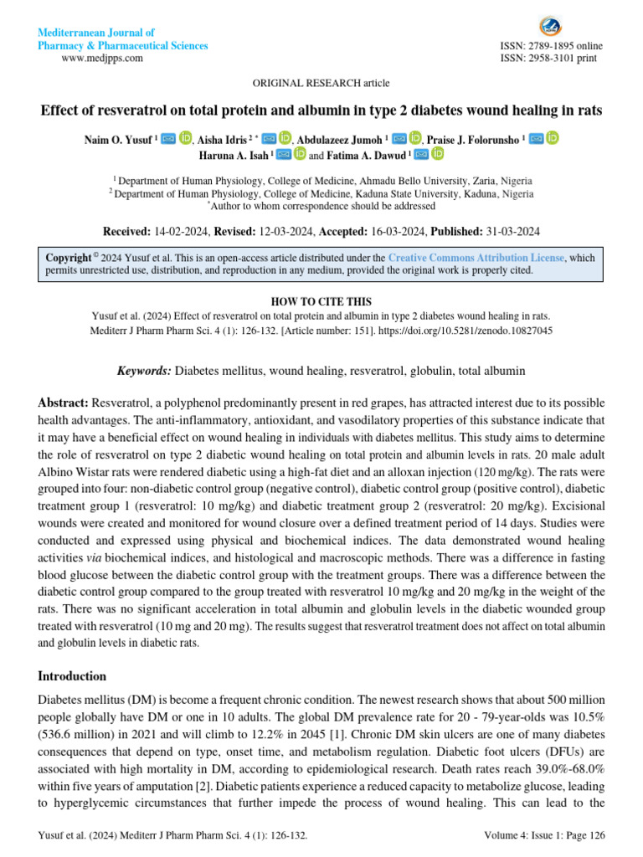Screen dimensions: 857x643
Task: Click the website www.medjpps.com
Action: [102, 58]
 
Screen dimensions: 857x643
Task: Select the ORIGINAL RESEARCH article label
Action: [321, 83]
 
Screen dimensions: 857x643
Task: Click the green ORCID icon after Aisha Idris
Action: [285, 138]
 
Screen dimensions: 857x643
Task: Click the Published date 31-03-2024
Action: [512, 231]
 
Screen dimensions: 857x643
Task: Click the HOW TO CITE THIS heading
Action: [321, 301]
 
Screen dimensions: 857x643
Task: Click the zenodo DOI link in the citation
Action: [471, 330]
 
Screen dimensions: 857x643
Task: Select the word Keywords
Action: [143, 370]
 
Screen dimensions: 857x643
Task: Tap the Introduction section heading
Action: [73, 675]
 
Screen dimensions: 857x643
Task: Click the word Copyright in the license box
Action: [68, 258]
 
